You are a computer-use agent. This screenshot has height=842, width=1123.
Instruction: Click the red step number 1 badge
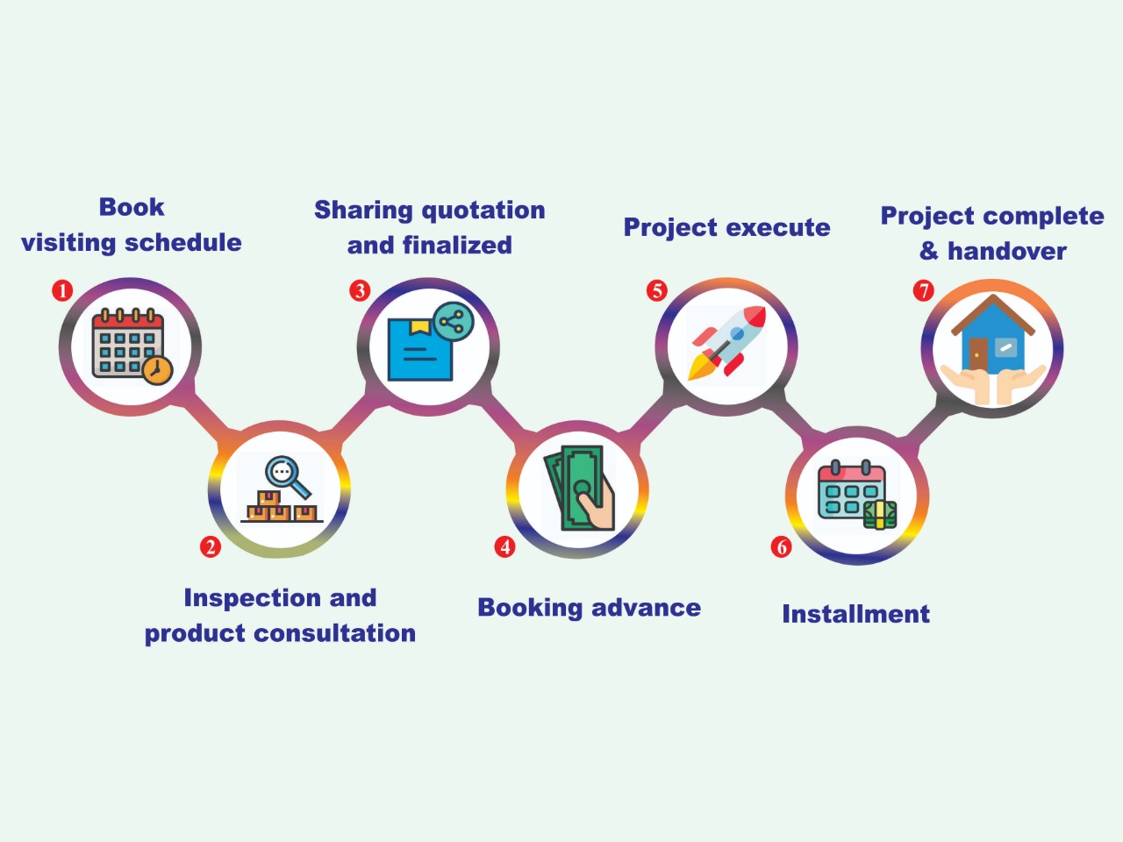(62, 291)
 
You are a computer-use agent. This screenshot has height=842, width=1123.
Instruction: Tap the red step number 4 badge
(504, 547)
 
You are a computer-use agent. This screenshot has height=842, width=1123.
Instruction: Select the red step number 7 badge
(924, 291)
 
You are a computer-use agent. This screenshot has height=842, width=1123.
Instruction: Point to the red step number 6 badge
(781, 547)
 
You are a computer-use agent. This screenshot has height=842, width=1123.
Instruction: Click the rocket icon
(726, 343)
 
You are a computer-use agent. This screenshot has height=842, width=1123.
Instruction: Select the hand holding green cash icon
(579, 489)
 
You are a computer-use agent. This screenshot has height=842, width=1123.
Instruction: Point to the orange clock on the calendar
(158, 369)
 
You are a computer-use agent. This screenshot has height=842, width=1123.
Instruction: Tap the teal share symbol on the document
(454, 322)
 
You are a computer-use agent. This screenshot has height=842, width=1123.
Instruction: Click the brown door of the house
(977, 353)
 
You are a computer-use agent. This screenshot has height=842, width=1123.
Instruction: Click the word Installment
(856, 614)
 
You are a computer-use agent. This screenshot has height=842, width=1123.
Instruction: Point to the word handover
(1007, 251)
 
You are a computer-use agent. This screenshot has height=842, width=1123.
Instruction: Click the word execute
(777, 227)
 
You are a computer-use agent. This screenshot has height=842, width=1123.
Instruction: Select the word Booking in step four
(530, 609)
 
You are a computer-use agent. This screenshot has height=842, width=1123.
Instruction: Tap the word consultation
(334, 633)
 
